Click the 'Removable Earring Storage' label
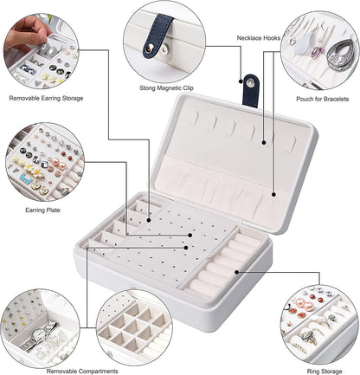[x=46, y=98]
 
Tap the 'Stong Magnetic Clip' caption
[x=166, y=87]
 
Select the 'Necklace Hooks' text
[x=259, y=38]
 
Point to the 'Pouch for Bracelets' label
[x=323, y=99]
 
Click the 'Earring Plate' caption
[x=42, y=210]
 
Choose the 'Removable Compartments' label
[x=82, y=371]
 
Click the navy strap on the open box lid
[x=251, y=91]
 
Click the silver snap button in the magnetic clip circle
[x=149, y=48]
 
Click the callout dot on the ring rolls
[x=236, y=272]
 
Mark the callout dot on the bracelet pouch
[x=273, y=195]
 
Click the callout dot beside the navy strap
[x=241, y=81]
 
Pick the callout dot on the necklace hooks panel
[x=264, y=142]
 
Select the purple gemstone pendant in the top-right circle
[x=317, y=52]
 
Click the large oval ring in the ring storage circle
[x=308, y=336]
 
